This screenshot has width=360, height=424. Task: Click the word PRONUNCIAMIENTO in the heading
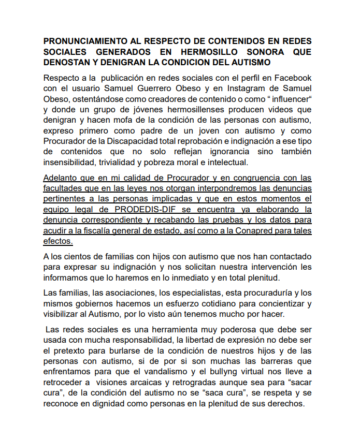tap(83, 41)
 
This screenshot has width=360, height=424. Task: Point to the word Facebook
tap(292, 78)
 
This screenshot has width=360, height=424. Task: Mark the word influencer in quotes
tap(290, 99)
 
